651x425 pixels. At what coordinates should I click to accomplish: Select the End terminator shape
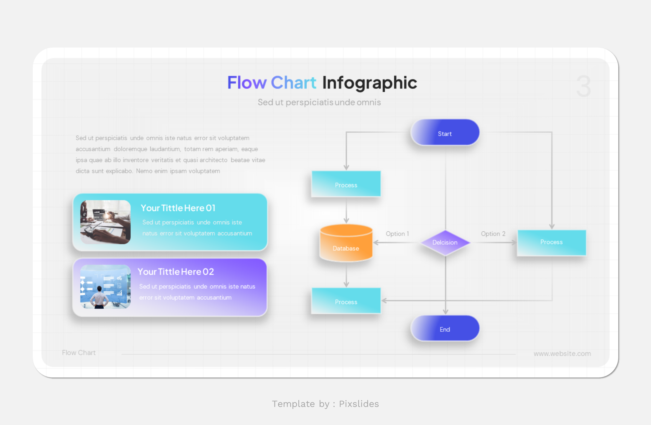pyautogui.click(x=445, y=329)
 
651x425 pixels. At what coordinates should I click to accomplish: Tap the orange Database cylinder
pyautogui.click(x=346, y=244)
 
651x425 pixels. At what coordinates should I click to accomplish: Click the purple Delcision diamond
pyautogui.click(x=445, y=243)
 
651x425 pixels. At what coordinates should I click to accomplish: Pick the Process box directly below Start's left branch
pyautogui.click(x=346, y=184)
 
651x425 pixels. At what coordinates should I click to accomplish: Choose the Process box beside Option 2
pyautogui.click(x=551, y=242)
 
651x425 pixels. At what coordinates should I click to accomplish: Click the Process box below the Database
pyautogui.click(x=346, y=301)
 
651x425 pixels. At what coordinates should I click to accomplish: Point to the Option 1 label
pyautogui.click(x=397, y=234)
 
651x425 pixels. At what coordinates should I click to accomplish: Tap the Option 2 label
pyautogui.click(x=493, y=234)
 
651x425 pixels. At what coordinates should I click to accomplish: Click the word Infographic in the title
pyautogui.click(x=369, y=83)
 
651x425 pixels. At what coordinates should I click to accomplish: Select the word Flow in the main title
pyautogui.click(x=247, y=83)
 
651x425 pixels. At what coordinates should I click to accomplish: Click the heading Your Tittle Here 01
pyautogui.click(x=178, y=208)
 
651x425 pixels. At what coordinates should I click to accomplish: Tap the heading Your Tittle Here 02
pyautogui.click(x=176, y=272)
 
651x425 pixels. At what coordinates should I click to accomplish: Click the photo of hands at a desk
pyautogui.click(x=105, y=222)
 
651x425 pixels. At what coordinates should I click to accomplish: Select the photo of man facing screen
pyautogui.click(x=105, y=287)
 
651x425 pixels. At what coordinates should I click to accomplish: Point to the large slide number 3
pyautogui.click(x=583, y=86)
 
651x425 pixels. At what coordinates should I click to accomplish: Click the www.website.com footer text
pyautogui.click(x=562, y=354)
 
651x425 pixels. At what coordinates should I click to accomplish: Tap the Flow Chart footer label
pyautogui.click(x=79, y=353)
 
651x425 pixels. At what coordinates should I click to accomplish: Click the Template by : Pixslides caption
pyautogui.click(x=325, y=404)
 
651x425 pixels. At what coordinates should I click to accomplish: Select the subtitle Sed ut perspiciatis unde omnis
pyautogui.click(x=319, y=102)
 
